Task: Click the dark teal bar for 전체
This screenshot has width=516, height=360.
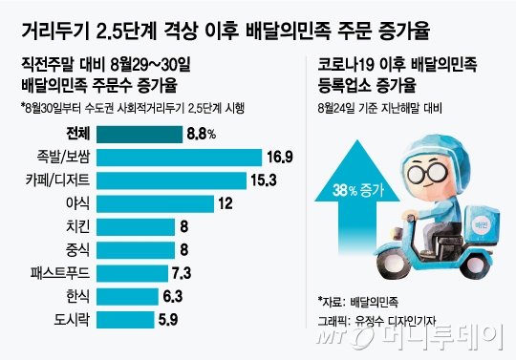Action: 140,134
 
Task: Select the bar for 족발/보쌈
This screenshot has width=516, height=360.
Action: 179,158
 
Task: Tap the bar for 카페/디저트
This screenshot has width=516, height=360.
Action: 171,180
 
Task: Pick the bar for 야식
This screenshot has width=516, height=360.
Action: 155,203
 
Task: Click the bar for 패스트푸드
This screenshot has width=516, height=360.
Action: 132,273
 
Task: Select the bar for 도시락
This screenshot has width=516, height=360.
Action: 125,320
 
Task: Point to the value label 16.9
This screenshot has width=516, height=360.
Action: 280,158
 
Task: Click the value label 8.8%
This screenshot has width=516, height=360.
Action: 202,134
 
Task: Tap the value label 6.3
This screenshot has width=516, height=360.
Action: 173,296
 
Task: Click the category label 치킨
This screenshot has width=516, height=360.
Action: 77,226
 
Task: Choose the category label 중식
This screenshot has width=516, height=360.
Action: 77,250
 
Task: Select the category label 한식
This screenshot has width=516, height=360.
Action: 77,296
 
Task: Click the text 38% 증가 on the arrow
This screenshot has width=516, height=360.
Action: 358,190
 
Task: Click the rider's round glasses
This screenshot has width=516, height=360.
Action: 427,172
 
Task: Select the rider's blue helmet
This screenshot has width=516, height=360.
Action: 435,155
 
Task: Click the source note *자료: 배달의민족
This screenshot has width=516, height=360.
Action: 358,302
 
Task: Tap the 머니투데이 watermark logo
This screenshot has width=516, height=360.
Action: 410,336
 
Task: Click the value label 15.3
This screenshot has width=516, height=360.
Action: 264,180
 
